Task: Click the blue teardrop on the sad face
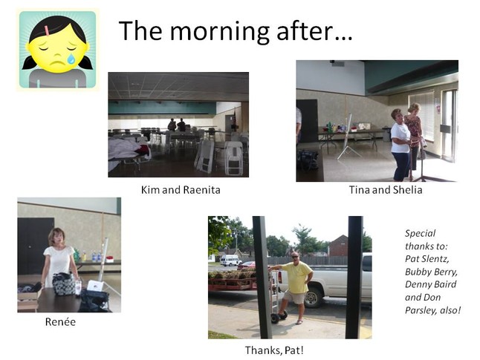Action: (71, 59)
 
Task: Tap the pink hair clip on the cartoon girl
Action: (47, 30)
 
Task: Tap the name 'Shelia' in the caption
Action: (407, 190)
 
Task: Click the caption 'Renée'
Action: (60, 321)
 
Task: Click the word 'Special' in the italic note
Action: (420, 233)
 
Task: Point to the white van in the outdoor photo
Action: (231, 261)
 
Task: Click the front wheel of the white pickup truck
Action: (314, 296)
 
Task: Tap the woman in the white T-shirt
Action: (400, 145)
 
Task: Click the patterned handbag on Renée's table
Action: (65, 284)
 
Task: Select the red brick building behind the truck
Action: (339, 245)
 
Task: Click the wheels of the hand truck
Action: (279, 316)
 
